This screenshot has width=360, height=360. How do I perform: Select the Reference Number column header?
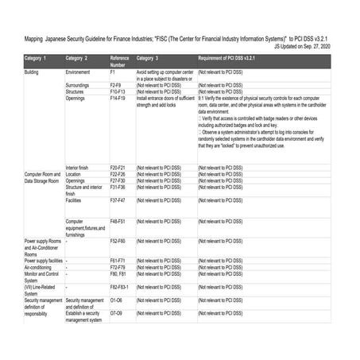click(119, 61)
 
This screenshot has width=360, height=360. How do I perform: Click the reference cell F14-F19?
click(119, 98)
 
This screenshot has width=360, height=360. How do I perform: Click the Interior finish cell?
click(82, 168)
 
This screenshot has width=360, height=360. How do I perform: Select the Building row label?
click(32, 72)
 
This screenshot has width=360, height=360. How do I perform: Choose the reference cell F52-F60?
click(118, 239)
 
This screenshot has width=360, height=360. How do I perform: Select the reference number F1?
click(114, 72)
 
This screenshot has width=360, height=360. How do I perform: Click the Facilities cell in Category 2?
click(77, 200)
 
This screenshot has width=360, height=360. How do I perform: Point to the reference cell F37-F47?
click(118, 200)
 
